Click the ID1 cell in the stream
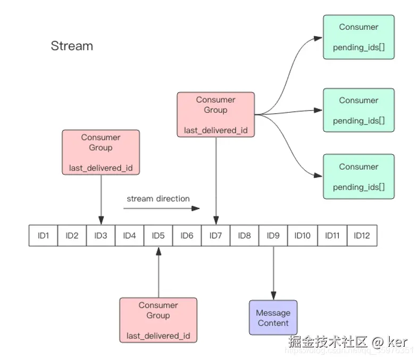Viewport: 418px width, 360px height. tap(44, 235)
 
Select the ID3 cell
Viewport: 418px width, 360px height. tap(101, 235)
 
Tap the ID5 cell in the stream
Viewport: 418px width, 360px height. tap(158, 235)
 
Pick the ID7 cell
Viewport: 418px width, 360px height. tap(215, 235)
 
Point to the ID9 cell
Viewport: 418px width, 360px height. tap(273, 235)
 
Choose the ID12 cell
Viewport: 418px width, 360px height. tap(362, 235)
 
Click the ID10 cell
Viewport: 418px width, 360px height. tap(302, 235)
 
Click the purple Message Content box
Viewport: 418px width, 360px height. tap(273, 317)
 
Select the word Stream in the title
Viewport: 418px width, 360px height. tap(72, 46)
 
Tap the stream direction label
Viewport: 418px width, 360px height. tap(158, 198)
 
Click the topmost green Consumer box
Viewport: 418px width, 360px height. tap(358, 37)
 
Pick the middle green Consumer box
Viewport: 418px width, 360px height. tap(358, 111)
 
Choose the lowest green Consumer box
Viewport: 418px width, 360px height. tap(358, 177)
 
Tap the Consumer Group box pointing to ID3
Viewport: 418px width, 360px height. tap(101, 153)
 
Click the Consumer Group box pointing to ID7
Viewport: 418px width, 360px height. tap(215, 114)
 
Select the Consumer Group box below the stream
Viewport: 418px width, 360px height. tap(158, 320)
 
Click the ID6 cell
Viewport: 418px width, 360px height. tap(187, 235)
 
